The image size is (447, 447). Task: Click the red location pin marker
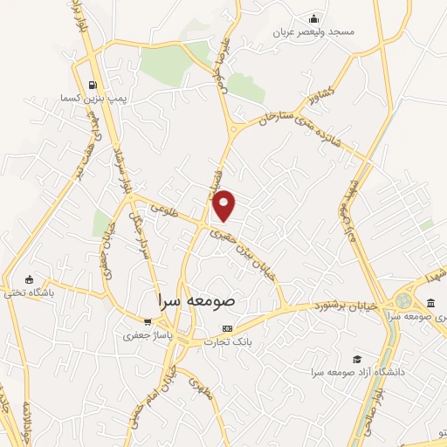point(225,204)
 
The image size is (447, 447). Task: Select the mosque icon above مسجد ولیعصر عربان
point(314,19)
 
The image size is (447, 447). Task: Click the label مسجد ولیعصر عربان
point(316,32)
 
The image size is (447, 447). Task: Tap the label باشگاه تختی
point(51,293)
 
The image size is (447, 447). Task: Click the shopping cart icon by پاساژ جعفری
point(148,321)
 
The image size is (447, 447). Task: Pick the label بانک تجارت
point(228,341)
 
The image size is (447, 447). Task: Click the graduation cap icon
point(356,359)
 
